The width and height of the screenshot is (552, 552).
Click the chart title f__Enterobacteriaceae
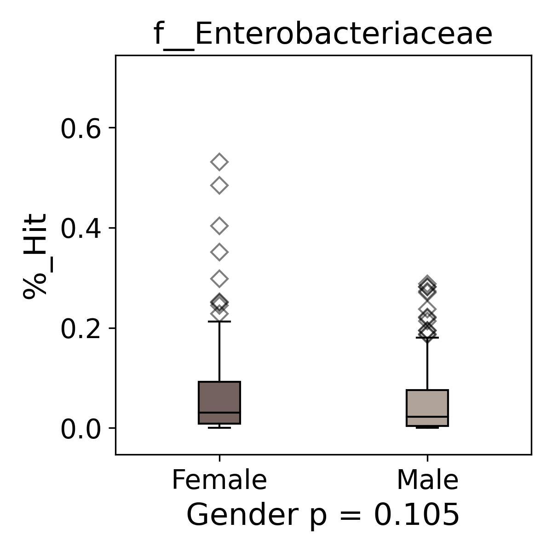323,34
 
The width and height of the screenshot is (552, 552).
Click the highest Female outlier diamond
219,162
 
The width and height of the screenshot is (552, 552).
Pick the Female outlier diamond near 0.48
219,186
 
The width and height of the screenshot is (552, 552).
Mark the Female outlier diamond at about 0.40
219,226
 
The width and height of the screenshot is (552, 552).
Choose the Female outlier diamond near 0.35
219,252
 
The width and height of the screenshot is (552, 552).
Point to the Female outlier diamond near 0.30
219,279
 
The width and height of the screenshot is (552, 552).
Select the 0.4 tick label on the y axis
81,229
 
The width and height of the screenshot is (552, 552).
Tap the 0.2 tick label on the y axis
81,329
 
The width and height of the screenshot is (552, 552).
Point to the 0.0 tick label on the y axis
81,430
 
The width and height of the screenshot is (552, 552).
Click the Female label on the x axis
219,480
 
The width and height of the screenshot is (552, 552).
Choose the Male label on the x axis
427,480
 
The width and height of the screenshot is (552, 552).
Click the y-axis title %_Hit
35,256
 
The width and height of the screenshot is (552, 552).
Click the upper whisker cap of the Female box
219,322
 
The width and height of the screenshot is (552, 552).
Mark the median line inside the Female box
219,413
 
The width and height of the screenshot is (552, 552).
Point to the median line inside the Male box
427,416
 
